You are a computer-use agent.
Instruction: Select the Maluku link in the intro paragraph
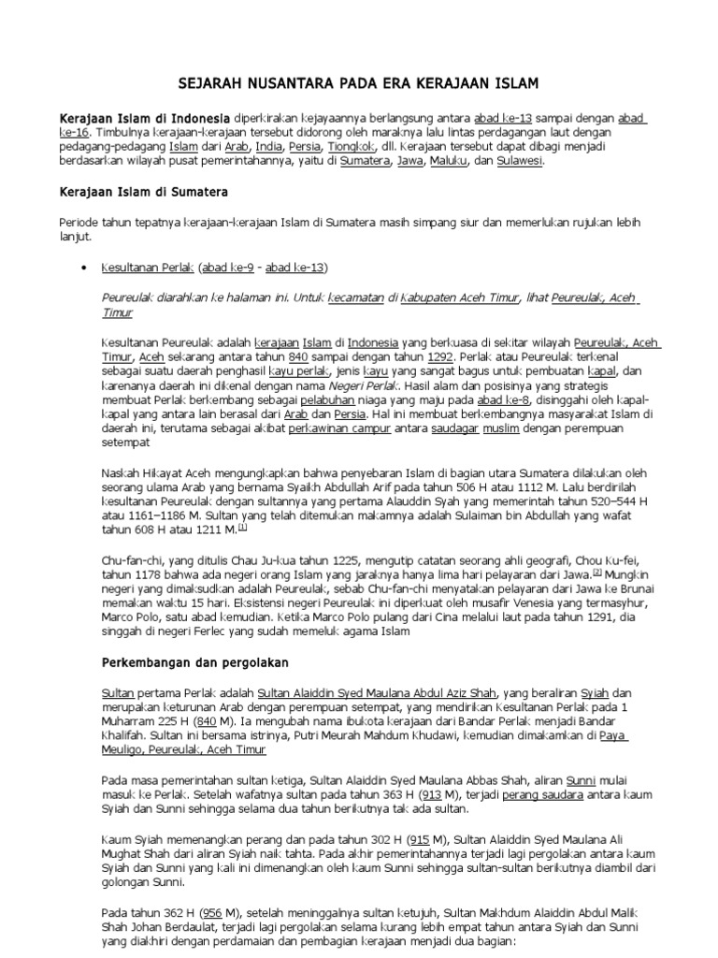[449, 161]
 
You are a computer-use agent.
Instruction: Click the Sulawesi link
[517, 161]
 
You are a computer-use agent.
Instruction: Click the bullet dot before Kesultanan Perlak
[84, 269]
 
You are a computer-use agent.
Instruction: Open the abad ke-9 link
[229, 269]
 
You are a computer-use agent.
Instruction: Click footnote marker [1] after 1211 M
[242, 528]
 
